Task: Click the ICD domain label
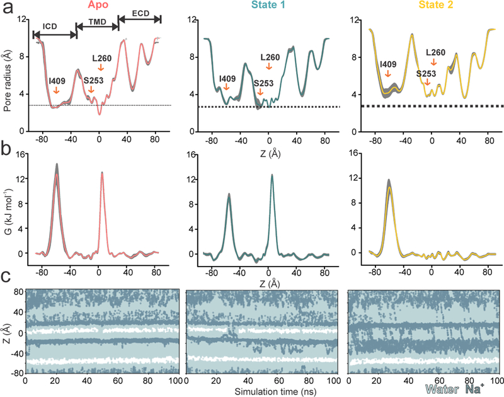pyautogui.click(x=51, y=26)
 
